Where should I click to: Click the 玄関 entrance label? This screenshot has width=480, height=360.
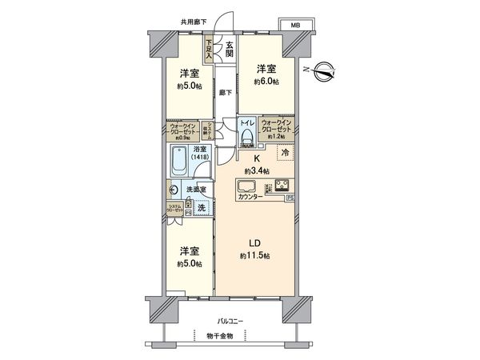pos(229,49)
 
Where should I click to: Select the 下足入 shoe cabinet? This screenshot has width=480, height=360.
pos(210,50)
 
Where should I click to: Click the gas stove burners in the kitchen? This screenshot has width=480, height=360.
pos(282,186)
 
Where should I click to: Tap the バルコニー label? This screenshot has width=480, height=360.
pos(234,321)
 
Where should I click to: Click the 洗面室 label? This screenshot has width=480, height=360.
pos(197,189)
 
